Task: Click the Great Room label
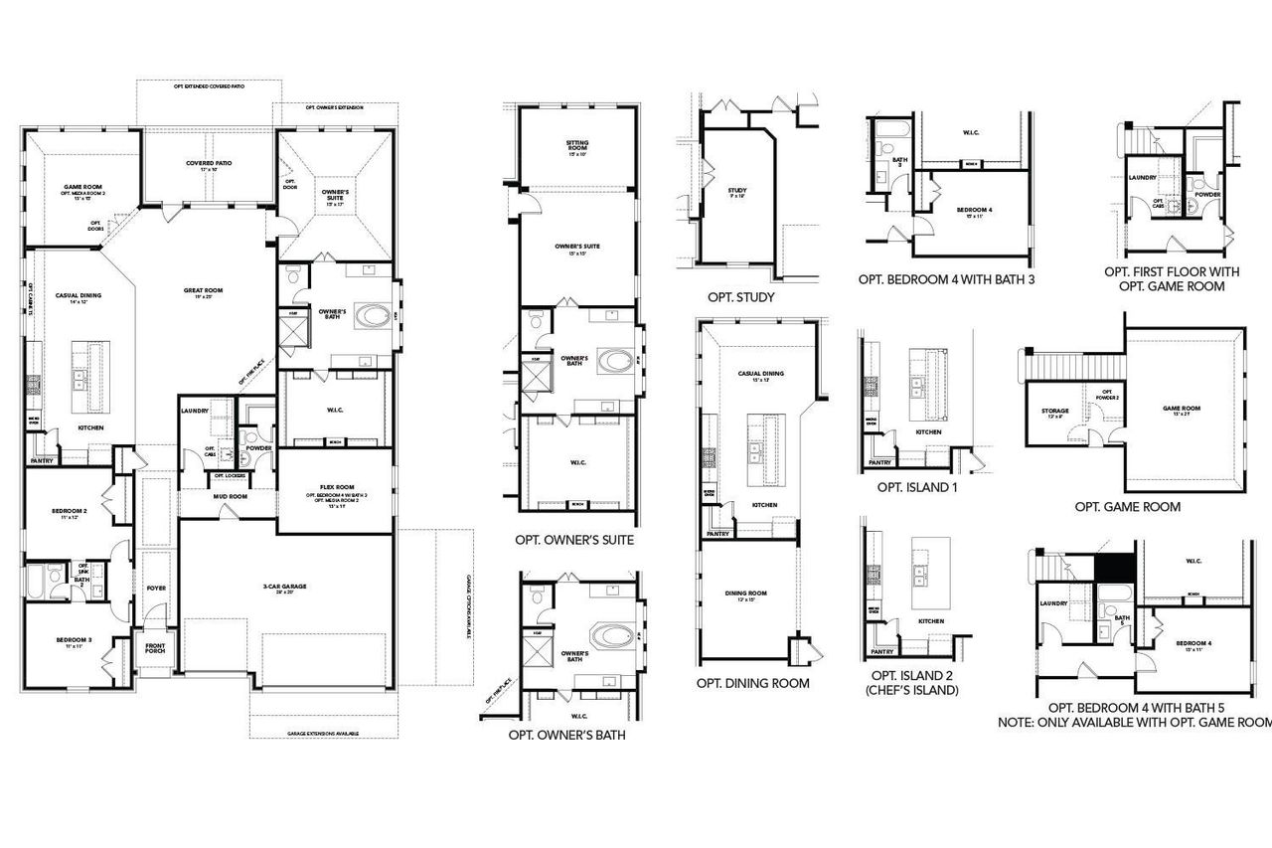click(x=203, y=291)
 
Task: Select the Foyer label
click(x=156, y=588)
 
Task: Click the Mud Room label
click(x=231, y=496)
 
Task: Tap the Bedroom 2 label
click(x=70, y=513)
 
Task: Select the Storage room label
click(x=1055, y=412)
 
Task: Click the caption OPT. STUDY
click(x=740, y=296)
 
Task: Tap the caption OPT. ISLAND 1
click(x=916, y=487)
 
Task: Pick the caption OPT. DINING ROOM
click(x=752, y=683)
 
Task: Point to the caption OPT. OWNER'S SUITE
click(x=574, y=540)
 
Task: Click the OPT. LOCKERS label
click(x=230, y=476)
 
